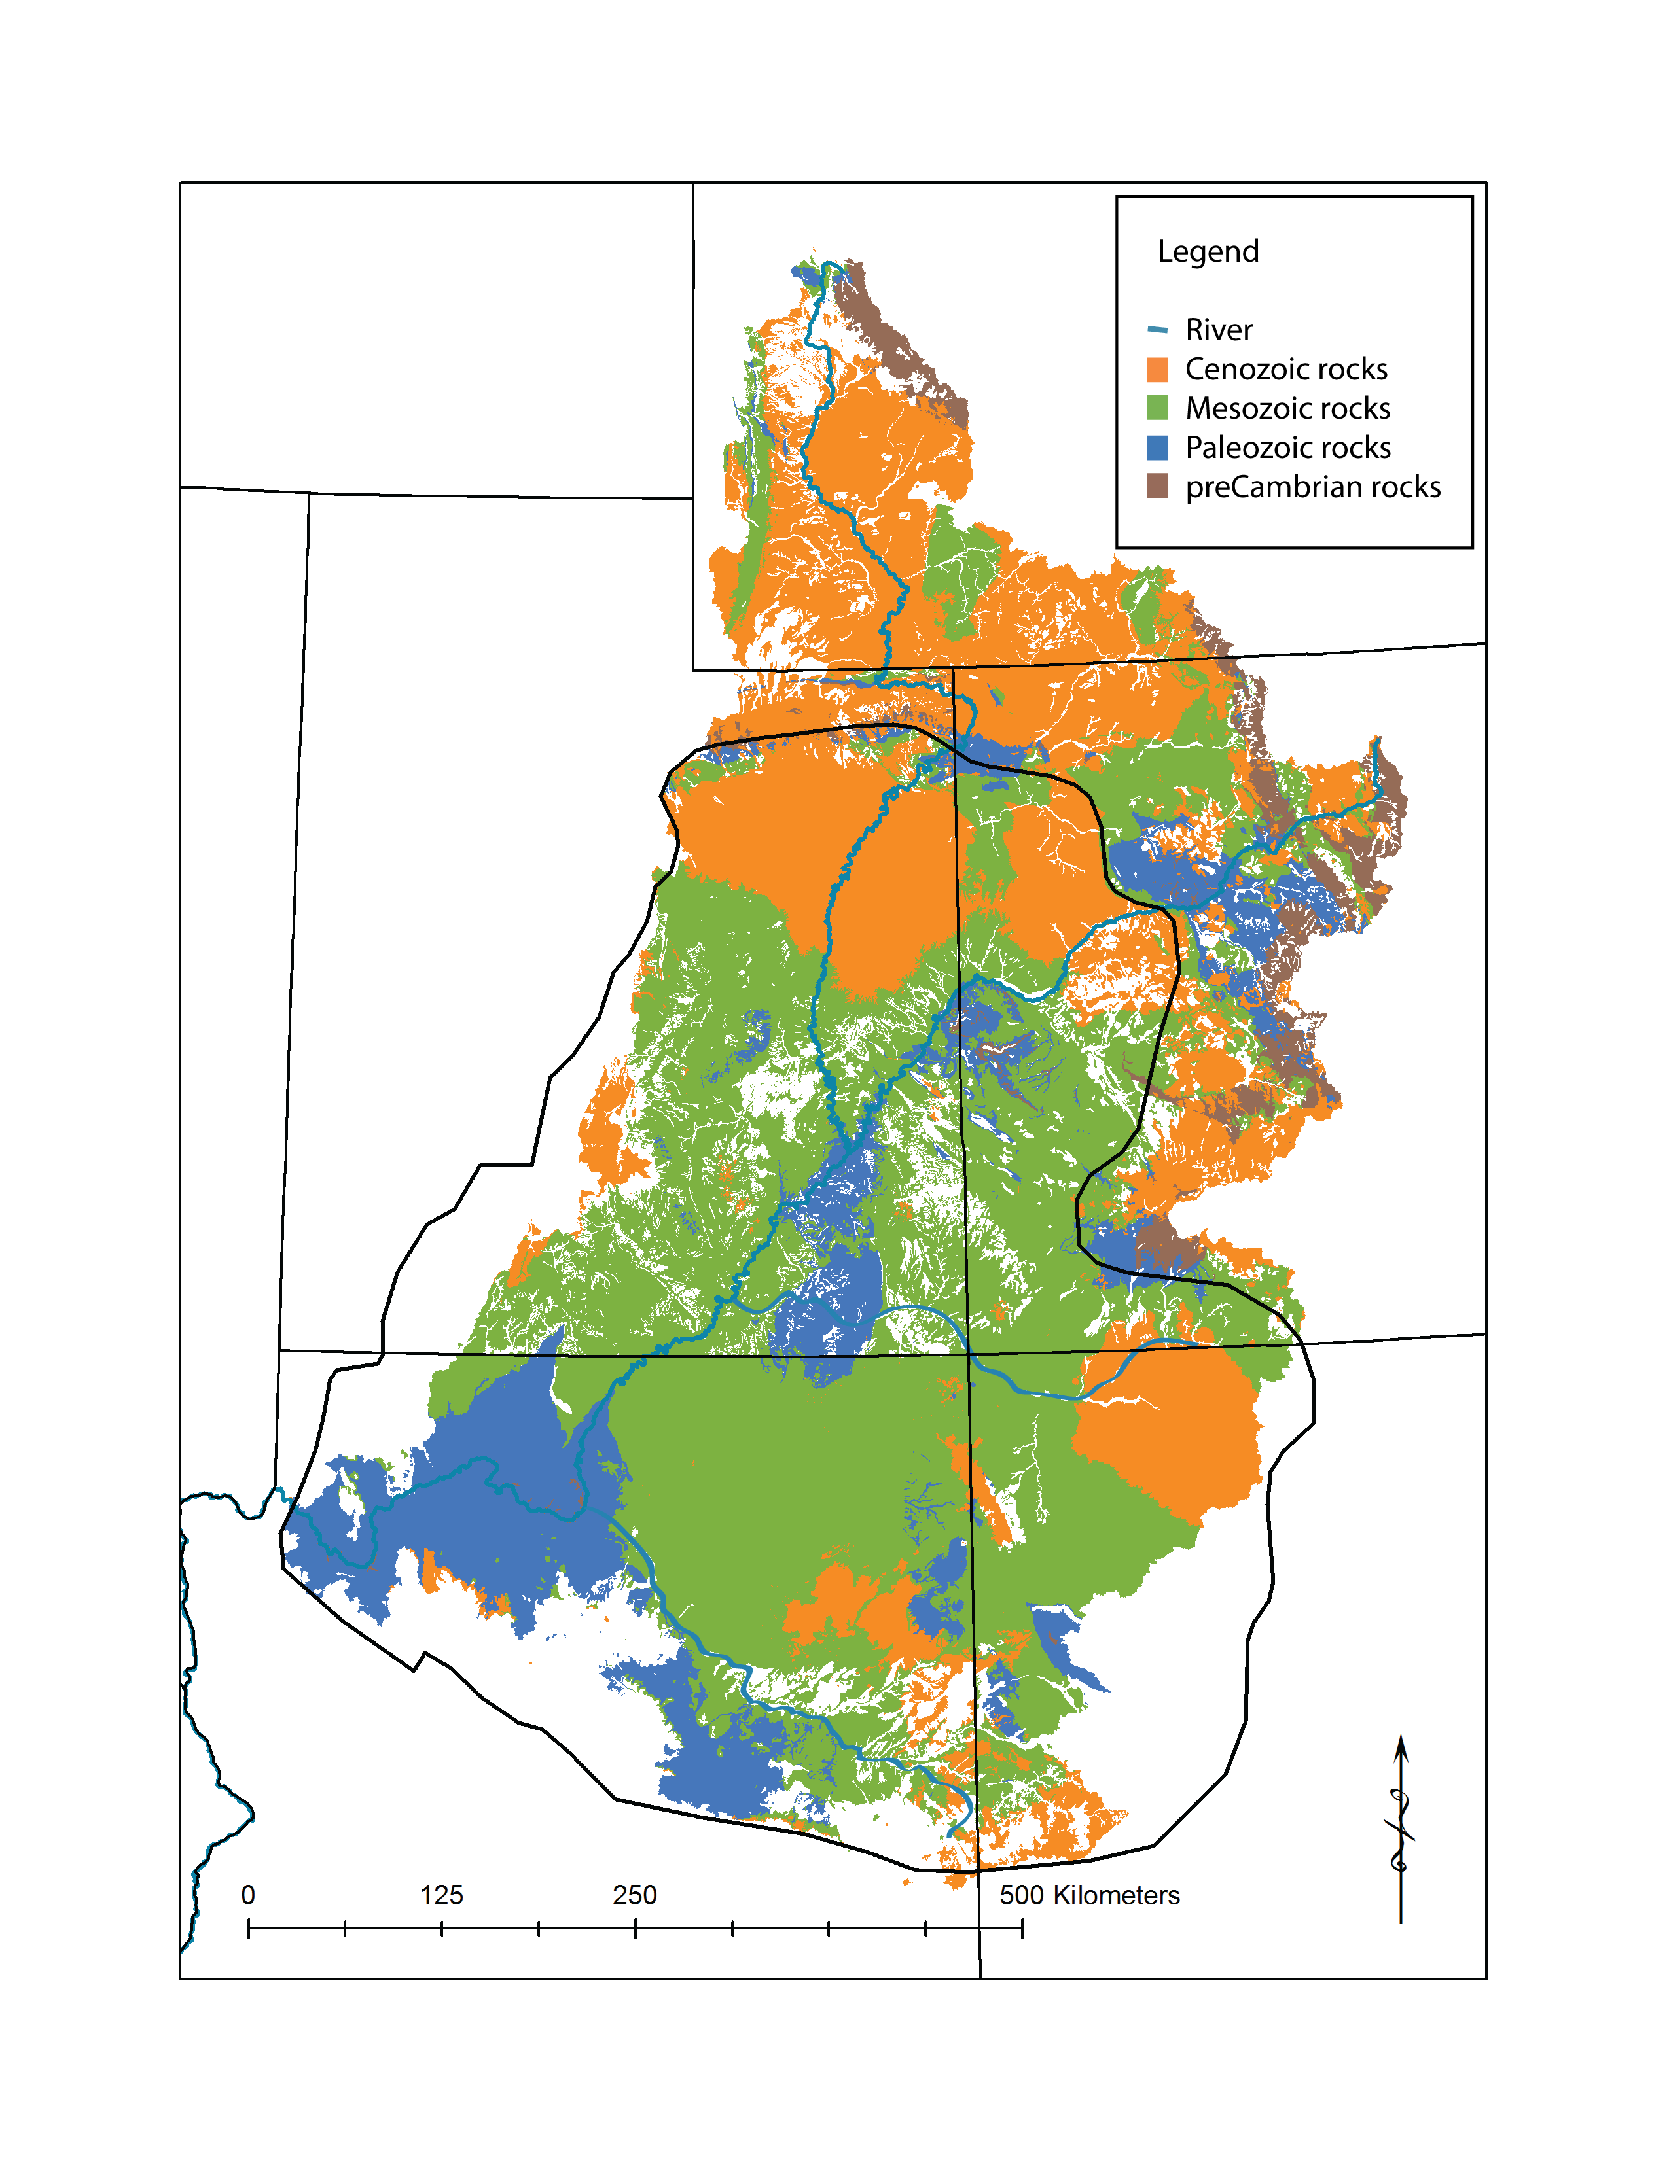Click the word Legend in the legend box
coord(1208,251)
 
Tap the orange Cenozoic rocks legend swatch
coord(1157,370)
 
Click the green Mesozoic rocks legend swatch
coord(1157,408)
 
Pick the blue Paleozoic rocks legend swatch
coord(1157,448)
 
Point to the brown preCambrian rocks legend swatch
coord(1157,486)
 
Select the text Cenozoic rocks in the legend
coord(1285,369)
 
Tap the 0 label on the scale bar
coord(248,1895)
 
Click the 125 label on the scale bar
coord(441,1895)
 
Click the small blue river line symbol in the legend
coord(1157,329)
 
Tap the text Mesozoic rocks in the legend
coord(1287,408)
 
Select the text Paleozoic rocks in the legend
coord(1287,448)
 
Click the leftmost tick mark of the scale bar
coord(248,1927)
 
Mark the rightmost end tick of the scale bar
coord(1022,1927)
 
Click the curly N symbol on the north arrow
coord(1400,1829)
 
